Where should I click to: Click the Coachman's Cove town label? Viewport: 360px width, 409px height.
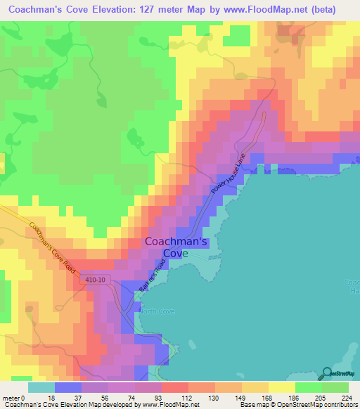coord(176,247)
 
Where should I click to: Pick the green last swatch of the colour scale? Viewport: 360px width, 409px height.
coord(335,387)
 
